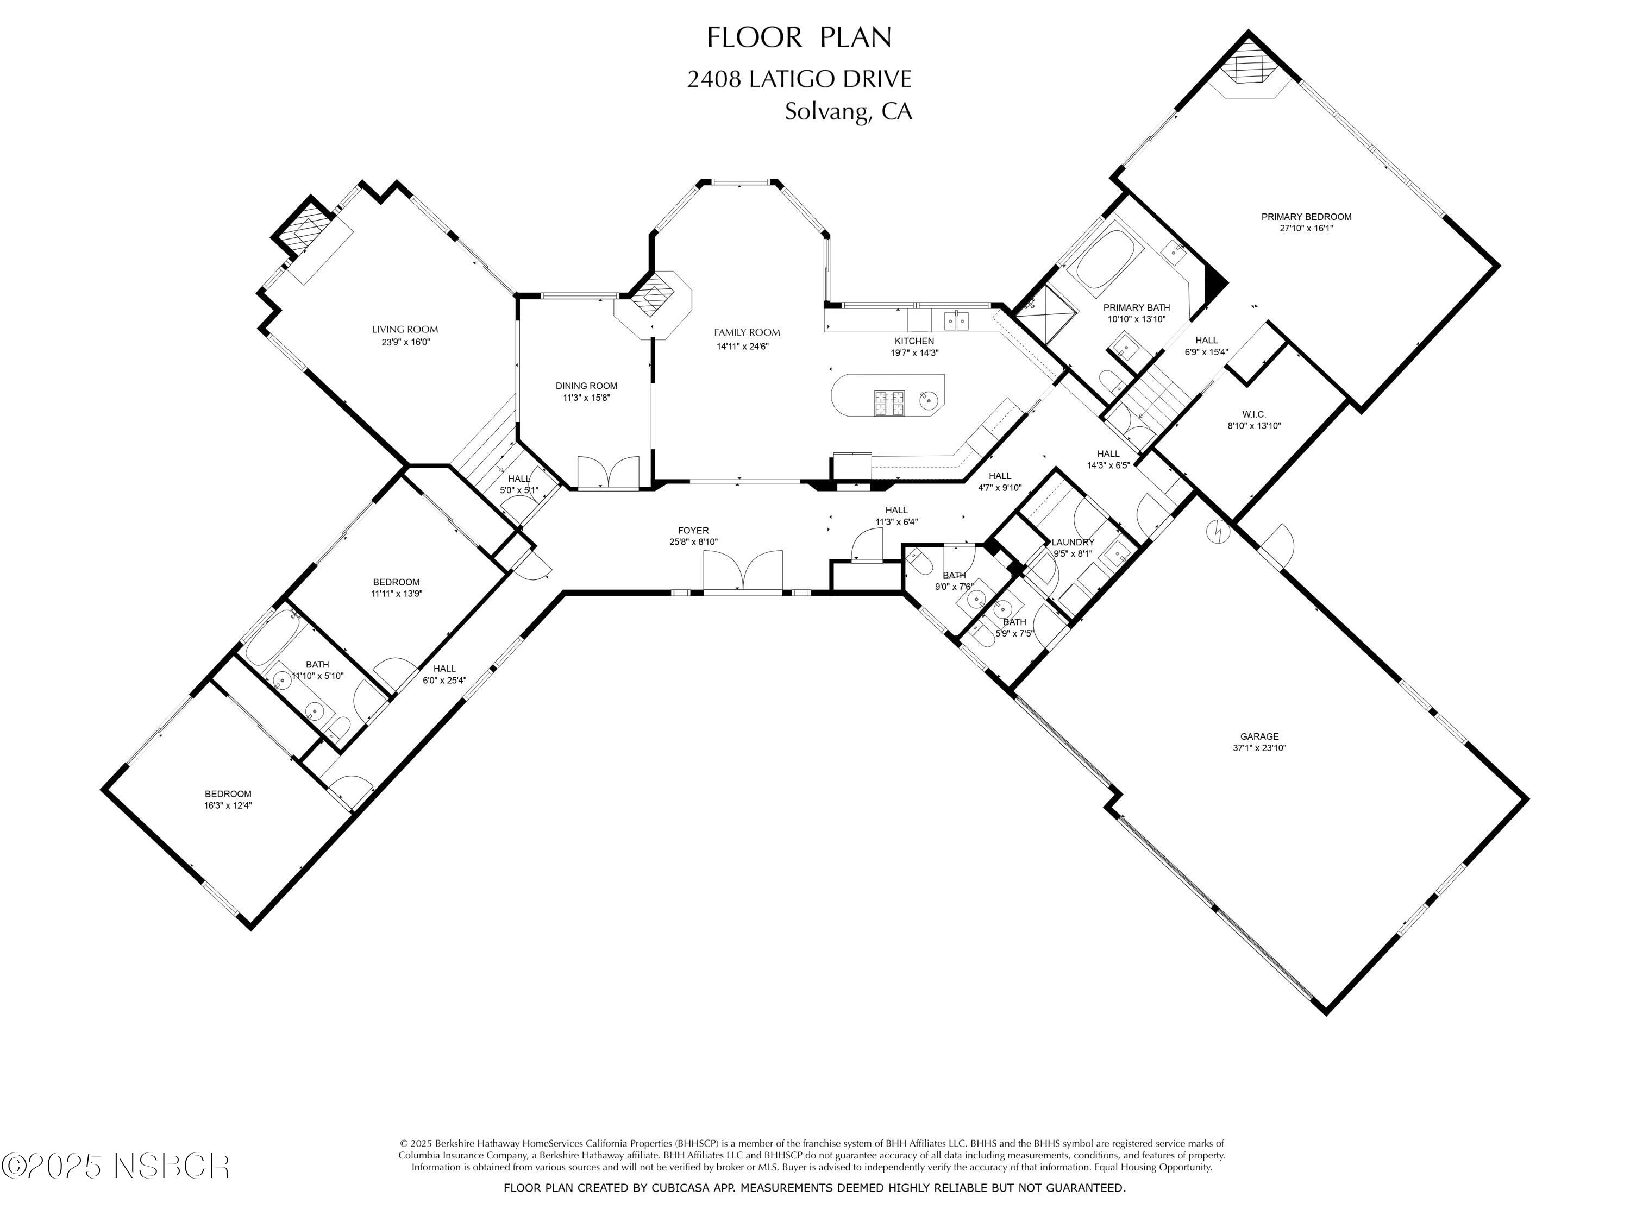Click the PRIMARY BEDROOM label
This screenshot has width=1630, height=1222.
tap(1306, 217)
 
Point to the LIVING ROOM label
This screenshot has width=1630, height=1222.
tap(405, 329)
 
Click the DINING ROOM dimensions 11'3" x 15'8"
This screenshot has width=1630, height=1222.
tap(587, 398)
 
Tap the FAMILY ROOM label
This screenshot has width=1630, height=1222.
tap(747, 332)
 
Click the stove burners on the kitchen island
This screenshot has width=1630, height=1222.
tap(889, 402)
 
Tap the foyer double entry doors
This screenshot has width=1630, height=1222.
tap(743, 570)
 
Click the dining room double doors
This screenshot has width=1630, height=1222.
tap(608, 471)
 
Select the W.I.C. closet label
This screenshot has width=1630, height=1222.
tap(1253, 414)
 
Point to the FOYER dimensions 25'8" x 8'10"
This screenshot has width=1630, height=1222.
tap(688, 542)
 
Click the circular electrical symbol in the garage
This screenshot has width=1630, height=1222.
tap(1218, 531)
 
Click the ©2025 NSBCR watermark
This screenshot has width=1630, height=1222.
tap(116, 1166)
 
